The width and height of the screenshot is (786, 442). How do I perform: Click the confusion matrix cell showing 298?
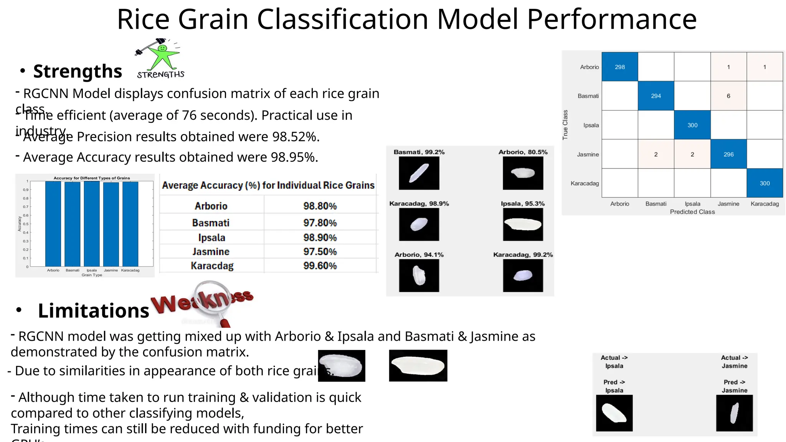[619, 67]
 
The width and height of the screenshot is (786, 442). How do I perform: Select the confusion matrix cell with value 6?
[728, 96]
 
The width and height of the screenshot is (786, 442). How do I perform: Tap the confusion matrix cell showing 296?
[728, 154]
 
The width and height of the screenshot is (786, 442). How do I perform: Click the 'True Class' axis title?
[565, 125]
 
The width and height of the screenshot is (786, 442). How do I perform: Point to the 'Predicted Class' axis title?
[692, 212]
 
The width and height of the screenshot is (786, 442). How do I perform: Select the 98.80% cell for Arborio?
[320, 206]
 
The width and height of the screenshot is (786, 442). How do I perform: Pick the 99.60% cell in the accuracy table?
[320, 266]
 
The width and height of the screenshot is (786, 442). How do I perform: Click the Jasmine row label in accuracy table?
[211, 252]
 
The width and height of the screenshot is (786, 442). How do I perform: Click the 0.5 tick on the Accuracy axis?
[26, 224]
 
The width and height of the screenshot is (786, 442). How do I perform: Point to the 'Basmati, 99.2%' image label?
[419, 152]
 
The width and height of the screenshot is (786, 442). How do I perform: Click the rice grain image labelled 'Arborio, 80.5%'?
[523, 173]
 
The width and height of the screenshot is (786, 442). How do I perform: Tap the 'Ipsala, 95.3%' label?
[522, 203]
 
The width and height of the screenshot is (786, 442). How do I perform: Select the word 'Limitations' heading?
[93, 310]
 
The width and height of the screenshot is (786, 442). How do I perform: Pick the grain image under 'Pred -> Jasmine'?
[734, 413]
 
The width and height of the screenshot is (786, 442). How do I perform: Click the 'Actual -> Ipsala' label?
[614, 361]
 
